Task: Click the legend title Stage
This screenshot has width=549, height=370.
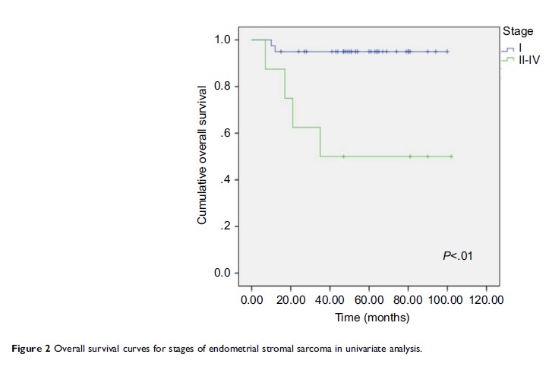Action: pyautogui.click(x=518, y=30)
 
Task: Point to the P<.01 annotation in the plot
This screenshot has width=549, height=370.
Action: pyautogui.click(x=458, y=256)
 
